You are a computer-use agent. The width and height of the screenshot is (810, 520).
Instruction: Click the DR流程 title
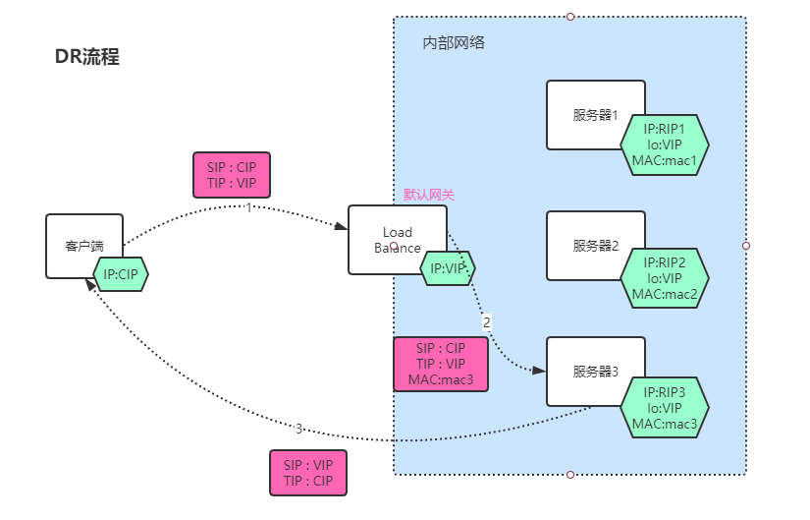86,57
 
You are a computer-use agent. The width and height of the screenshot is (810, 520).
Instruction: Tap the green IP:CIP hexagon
120,275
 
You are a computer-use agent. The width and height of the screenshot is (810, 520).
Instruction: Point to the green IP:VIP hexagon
448,267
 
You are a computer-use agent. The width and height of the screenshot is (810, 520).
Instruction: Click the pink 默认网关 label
429,196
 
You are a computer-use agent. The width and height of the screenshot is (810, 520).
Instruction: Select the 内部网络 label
454,43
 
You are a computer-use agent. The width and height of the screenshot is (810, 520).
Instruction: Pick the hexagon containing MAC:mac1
665,144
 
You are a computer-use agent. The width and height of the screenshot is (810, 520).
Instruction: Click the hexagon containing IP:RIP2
665,278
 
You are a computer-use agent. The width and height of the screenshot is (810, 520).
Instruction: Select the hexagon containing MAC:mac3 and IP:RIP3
665,408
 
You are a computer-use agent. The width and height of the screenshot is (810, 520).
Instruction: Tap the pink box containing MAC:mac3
441,365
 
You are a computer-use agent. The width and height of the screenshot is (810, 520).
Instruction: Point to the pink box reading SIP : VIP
308,473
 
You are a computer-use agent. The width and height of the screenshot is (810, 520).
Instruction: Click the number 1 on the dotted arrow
249,207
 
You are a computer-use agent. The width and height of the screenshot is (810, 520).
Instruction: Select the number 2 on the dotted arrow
486,321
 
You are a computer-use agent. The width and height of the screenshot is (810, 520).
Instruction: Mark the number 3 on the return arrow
298,428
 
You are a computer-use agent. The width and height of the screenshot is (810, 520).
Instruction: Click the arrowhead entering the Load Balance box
341,227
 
